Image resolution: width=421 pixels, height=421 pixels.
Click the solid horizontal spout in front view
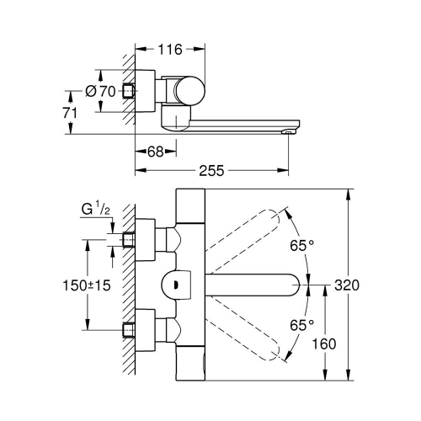pyautogui.click(x=253, y=285)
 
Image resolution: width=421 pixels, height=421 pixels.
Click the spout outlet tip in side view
pyautogui.click(x=289, y=130)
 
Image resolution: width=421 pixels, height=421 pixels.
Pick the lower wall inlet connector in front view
pyautogui.click(x=129, y=328)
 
